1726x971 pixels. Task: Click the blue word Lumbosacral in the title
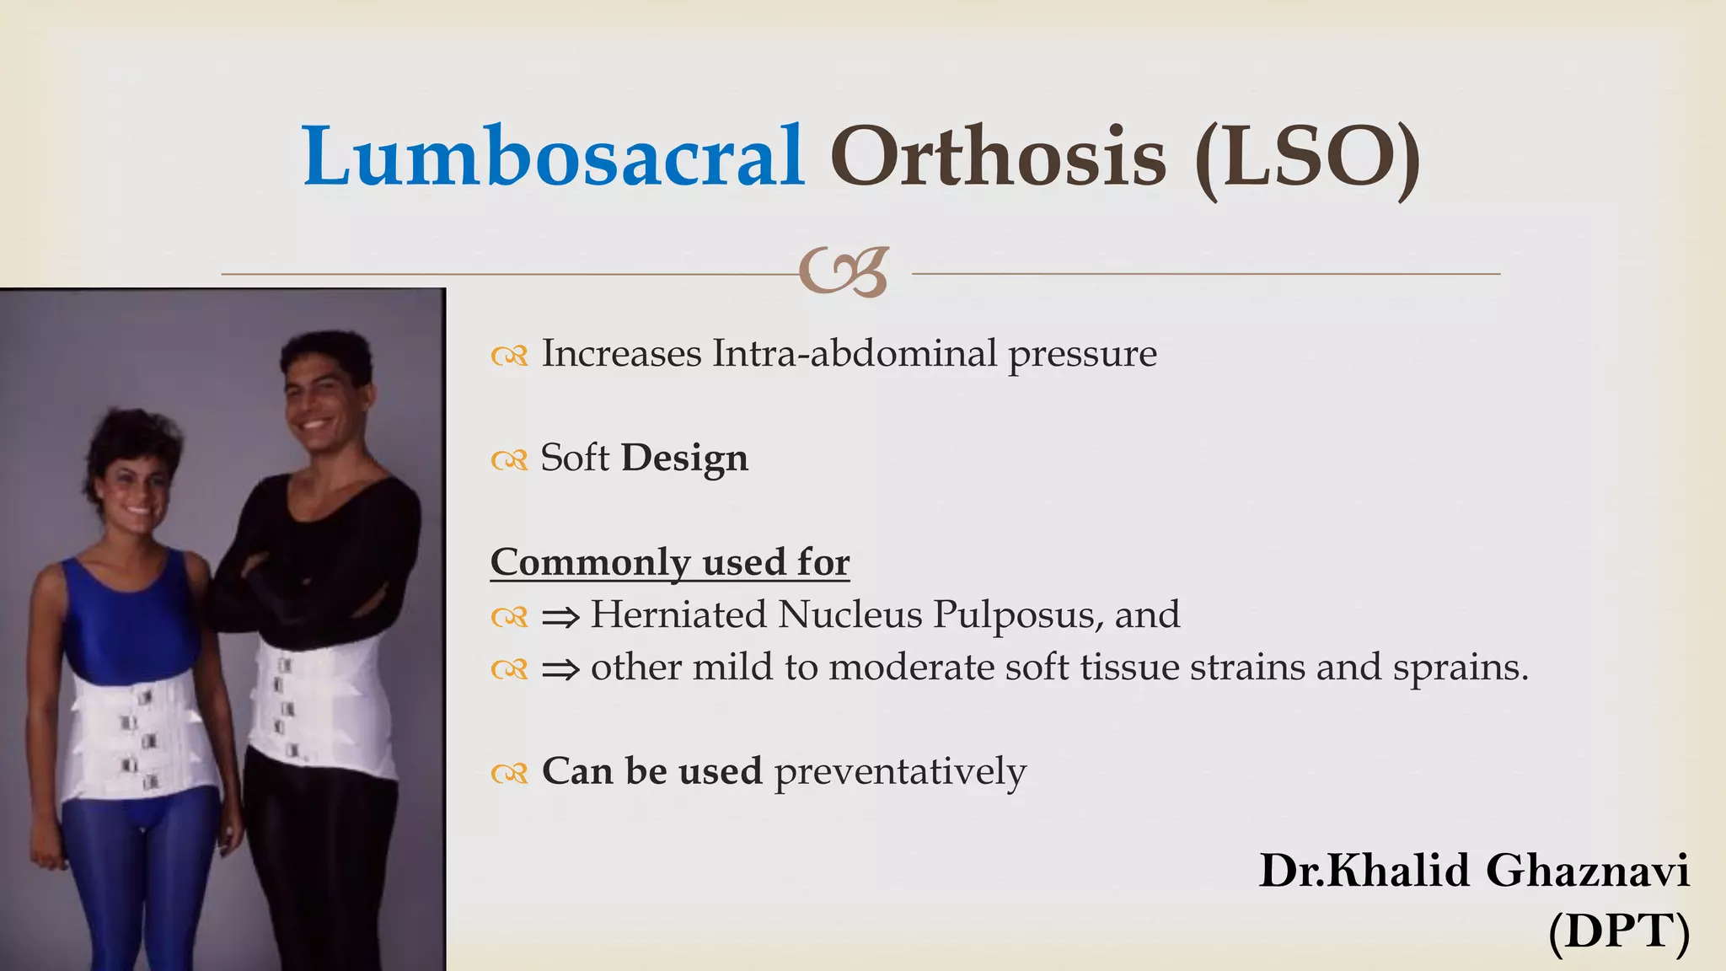553,156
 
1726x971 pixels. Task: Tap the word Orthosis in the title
998,156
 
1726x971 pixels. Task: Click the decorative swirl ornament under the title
844,272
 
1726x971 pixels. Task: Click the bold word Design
684,459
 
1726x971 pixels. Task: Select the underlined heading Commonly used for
670,562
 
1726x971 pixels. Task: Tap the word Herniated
678,614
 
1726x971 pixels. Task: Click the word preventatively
900,771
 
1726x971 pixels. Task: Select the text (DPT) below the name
1618,931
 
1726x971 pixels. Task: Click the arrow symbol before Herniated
560,618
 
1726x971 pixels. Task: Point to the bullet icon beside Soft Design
509,460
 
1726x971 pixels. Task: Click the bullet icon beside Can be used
509,773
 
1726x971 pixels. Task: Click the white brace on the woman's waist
139,733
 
